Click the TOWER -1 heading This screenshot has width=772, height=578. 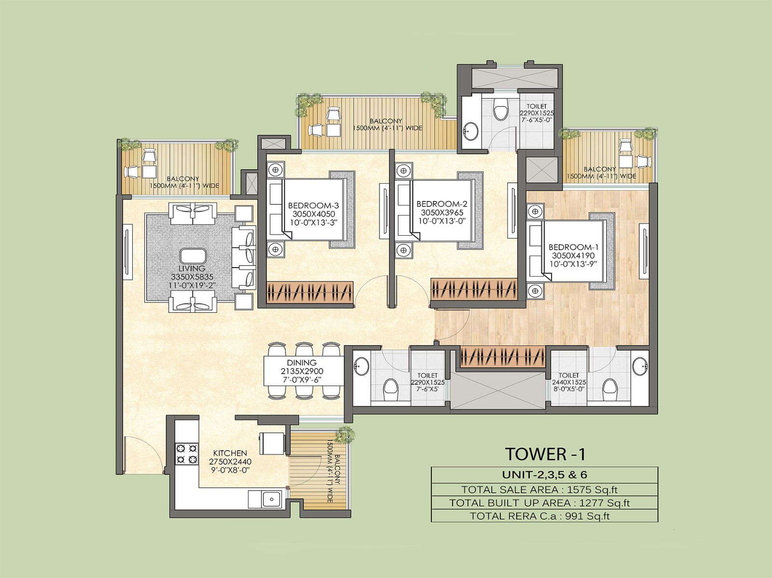[x=545, y=454]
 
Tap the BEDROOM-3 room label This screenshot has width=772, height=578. [x=310, y=205]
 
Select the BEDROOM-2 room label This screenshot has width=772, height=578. [x=439, y=204]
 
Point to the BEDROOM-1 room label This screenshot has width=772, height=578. [x=573, y=247]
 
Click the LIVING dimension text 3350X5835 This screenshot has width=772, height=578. [x=192, y=277]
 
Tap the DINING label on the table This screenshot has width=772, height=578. [x=302, y=363]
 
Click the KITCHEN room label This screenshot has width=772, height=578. [x=230, y=453]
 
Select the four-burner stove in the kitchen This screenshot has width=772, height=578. [x=187, y=453]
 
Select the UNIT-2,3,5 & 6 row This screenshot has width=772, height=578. [x=544, y=474]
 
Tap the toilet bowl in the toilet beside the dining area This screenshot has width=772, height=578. [x=390, y=388]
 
